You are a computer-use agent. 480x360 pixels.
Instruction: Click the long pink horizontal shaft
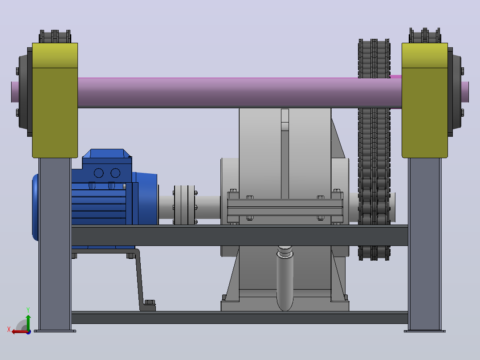[x=239, y=92]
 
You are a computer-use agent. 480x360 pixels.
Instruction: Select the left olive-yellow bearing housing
[x=55, y=101]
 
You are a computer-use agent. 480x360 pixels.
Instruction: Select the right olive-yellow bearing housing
[x=425, y=101]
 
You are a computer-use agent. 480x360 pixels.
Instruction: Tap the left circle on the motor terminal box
[x=98, y=173]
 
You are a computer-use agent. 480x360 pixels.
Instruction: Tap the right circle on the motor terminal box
[x=115, y=173]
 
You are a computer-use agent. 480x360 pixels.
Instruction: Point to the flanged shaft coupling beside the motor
[x=185, y=205]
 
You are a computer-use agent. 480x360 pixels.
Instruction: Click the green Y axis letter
[x=28, y=310]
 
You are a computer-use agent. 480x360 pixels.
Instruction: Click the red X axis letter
[x=9, y=329]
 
